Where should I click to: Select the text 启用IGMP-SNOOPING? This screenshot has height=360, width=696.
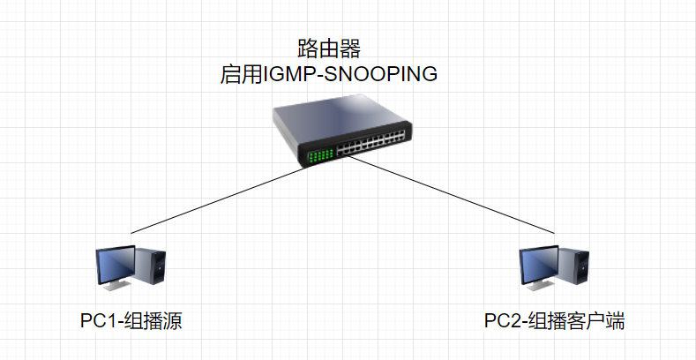coord(328,74)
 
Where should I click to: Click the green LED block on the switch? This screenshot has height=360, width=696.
coord(319,156)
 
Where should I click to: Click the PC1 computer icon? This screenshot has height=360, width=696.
coord(131,267)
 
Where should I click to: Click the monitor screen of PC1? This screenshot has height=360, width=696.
coord(116,264)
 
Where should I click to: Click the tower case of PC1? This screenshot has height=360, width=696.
coord(153,268)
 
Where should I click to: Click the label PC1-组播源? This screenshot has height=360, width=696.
coord(131,320)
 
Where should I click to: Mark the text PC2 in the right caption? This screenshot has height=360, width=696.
coord(502,320)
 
